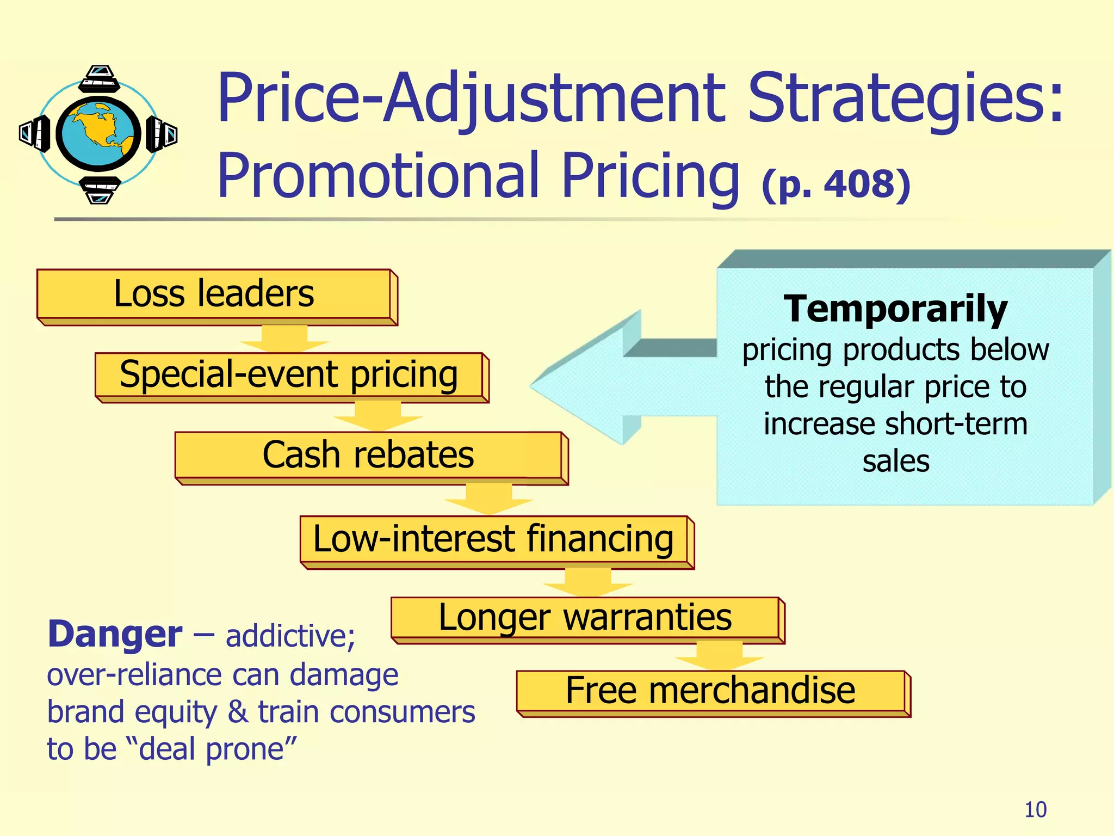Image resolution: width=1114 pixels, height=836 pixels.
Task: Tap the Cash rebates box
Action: (368, 456)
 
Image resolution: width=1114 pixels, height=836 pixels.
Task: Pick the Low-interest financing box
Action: (493, 540)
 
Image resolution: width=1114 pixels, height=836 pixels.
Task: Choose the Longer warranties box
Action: (585, 618)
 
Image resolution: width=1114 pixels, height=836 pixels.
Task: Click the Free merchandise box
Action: (710, 691)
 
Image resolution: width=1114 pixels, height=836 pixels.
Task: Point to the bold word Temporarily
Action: (895, 309)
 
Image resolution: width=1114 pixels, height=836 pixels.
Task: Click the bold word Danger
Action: (115, 635)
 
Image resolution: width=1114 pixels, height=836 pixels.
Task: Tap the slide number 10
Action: (1035, 810)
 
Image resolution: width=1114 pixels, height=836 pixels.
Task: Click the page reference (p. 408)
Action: (835, 184)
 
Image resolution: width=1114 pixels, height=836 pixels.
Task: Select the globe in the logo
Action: (98, 133)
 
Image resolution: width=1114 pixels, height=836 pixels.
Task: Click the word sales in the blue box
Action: (896, 462)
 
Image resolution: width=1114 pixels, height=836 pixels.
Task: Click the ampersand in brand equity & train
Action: (237, 711)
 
